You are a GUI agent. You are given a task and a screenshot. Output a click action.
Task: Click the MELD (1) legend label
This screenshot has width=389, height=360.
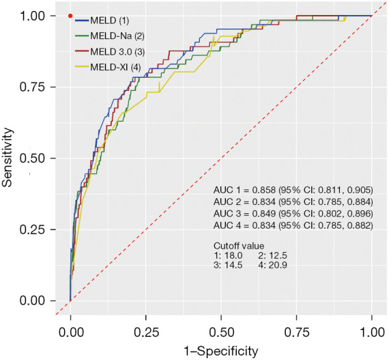pyautogui.click(x=109, y=20)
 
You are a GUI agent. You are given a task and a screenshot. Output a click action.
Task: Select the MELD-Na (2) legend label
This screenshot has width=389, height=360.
pyautogui.click(x=117, y=36)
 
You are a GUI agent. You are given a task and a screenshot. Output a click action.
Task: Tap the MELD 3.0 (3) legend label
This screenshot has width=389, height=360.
pyautogui.click(x=117, y=52)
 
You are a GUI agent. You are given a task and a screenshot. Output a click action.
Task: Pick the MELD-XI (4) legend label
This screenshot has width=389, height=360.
pyautogui.click(x=115, y=67)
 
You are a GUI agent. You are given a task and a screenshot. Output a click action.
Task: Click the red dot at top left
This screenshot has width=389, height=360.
pyautogui.click(x=70, y=16)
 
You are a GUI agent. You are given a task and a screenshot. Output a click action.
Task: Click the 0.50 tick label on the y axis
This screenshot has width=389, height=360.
pyautogui.click(x=31, y=158)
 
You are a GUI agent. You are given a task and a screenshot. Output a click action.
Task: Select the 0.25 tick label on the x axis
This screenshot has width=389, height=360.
pyautogui.click(x=146, y=333)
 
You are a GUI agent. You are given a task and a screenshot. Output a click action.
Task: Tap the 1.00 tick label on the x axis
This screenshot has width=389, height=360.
pyautogui.click(x=372, y=333)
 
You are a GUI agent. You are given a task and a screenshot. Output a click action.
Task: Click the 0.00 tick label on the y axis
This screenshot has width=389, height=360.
pyautogui.click(x=31, y=301)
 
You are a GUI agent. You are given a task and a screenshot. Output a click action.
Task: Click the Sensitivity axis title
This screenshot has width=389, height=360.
pyautogui.click(x=7, y=157)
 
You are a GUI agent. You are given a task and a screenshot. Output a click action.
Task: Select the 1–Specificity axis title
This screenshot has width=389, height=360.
pyautogui.click(x=221, y=352)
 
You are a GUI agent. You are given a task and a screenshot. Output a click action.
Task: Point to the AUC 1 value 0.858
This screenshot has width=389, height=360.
pyautogui.click(x=263, y=190)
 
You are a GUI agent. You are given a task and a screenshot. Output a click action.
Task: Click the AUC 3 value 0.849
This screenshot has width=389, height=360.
pyautogui.click(x=263, y=214)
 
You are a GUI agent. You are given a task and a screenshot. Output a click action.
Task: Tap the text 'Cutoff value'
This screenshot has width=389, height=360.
pyautogui.click(x=239, y=246)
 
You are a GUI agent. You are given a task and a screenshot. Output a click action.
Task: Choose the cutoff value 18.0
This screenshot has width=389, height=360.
pyautogui.click(x=233, y=255)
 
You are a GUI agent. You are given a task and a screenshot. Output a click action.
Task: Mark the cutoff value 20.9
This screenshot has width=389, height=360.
pyautogui.click(x=278, y=265)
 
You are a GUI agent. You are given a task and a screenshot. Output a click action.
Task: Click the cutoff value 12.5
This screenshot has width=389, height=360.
pyautogui.click(x=278, y=255)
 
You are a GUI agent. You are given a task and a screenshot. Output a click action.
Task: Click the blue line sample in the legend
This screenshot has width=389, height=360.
pyautogui.click(x=82, y=20)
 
